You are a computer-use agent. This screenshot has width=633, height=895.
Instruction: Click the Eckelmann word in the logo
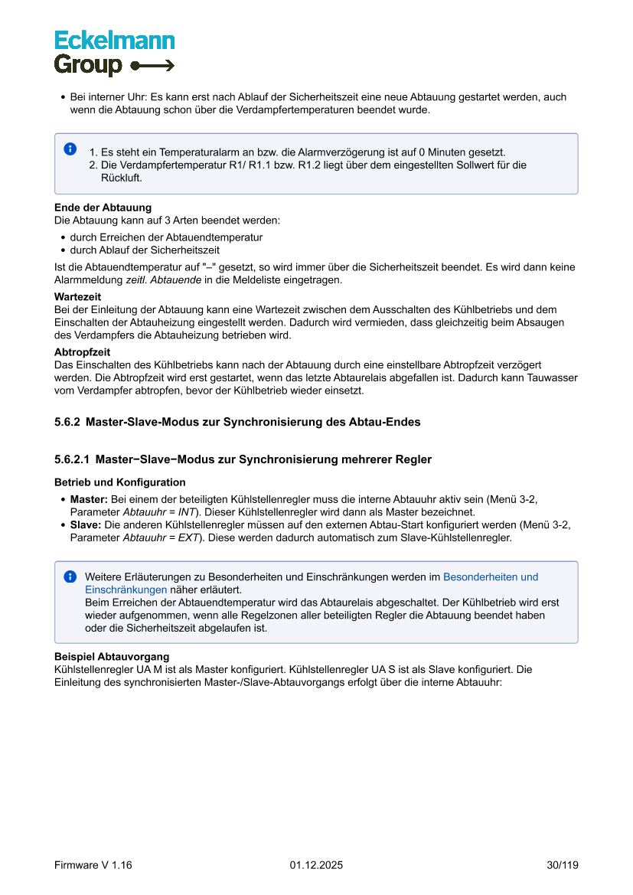coord(114,41)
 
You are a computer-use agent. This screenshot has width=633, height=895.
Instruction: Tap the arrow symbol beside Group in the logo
coord(153,66)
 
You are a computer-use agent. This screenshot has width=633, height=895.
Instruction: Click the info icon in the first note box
coord(70,149)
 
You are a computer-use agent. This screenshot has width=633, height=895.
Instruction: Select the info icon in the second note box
coord(70,577)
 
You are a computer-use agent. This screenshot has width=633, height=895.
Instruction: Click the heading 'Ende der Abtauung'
coord(103,207)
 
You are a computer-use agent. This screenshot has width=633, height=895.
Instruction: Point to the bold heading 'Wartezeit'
coord(77,296)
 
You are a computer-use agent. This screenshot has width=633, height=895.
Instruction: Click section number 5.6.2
coord(67,422)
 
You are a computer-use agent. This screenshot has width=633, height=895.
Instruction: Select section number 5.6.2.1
coord(72,460)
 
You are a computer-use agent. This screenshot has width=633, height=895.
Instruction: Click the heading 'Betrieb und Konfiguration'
coord(119,482)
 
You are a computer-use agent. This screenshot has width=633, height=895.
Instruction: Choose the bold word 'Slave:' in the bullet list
coord(86,524)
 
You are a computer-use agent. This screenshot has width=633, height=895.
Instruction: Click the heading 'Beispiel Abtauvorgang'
coord(112,657)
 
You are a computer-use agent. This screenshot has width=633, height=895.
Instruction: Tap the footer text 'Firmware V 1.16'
coord(93,865)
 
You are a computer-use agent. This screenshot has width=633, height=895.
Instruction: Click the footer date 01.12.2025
coord(316,865)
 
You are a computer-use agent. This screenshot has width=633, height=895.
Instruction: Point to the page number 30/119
coord(563,865)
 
